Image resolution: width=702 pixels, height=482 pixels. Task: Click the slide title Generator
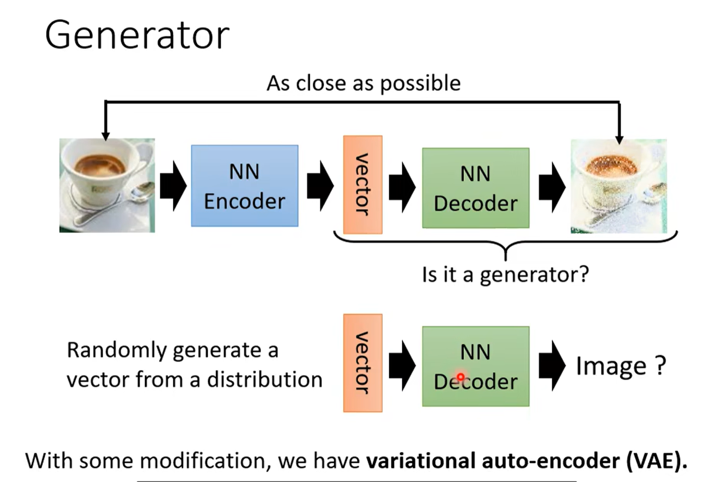tap(137, 35)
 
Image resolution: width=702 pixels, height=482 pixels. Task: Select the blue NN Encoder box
tap(244, 186)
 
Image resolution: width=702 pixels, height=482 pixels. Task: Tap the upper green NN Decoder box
tap(475, 188)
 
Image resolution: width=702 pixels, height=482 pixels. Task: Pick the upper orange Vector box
tap(363, 185)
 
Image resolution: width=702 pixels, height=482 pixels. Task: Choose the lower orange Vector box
tap(363, 363)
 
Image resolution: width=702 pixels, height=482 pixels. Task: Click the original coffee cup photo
tap(107, 185)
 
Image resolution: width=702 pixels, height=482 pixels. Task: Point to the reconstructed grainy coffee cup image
tap(618, 186)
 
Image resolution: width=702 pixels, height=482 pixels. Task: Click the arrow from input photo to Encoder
tap(173, 186)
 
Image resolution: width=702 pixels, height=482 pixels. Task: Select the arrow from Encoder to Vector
tap(320, 186)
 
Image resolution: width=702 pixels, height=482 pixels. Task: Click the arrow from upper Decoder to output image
tap(552, 187)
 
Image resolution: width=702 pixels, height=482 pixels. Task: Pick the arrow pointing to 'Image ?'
tap(552, 365)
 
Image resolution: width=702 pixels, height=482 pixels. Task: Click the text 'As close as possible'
tap(363, 83)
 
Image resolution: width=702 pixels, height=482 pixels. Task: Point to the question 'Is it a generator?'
tap(505, 274)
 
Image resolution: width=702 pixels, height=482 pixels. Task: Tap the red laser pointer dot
tap(461, 377)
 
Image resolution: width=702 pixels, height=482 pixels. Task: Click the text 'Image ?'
tap(620, 366)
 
